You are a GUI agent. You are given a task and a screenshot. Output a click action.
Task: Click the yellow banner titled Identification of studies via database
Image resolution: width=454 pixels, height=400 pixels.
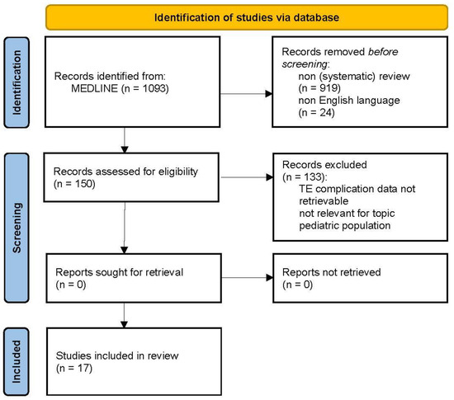[x=247, y=17]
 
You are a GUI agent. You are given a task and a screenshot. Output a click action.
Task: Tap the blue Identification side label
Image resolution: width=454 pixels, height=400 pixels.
[x=17, y=82]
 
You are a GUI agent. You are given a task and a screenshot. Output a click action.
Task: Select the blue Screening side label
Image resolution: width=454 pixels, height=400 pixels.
[x=17, y=228]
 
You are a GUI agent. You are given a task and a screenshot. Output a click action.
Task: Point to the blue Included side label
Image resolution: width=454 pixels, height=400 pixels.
[x=17, y=361]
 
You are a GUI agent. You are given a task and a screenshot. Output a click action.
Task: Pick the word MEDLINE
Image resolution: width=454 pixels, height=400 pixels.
[x=94, y=88]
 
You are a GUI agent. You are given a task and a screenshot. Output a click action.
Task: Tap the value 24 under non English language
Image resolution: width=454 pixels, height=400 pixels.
[x=326, y=112]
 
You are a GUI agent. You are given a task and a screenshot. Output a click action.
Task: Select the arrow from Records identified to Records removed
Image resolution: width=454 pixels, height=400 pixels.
[x=246, y=94]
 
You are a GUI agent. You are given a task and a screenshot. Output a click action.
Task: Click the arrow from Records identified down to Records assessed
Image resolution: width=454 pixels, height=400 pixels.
[x=125, y=140]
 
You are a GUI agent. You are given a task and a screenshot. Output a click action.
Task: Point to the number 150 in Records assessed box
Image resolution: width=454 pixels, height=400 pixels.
[x=83, y=184]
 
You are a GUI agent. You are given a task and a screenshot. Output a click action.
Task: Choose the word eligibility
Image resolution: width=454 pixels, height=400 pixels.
[x=178, y=172]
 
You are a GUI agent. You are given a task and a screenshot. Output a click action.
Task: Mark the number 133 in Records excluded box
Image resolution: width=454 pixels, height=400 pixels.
[x=313, y=176]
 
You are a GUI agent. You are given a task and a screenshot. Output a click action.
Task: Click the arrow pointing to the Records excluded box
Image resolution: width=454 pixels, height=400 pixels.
[x=247, y=177]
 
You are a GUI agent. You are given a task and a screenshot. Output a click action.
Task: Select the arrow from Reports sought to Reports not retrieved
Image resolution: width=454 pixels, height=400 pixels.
[x=248, y=278]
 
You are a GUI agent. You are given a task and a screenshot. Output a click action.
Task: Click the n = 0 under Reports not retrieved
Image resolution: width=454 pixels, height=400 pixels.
[x=297, y=285]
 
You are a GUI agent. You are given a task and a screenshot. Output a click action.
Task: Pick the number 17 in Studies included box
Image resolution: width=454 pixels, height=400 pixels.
[x=83, y=368]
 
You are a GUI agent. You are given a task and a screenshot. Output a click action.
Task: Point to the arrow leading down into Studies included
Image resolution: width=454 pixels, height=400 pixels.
[x=124, y=316]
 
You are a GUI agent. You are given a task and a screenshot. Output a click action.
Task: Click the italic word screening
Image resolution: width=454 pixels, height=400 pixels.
[x=305, y=64]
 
